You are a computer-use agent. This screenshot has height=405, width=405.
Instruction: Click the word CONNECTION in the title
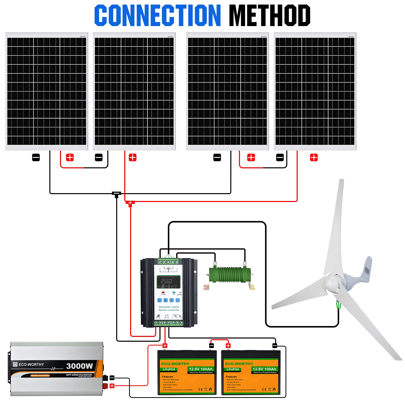[x=157, y=15]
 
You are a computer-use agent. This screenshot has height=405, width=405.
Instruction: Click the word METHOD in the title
[x=270, y=15]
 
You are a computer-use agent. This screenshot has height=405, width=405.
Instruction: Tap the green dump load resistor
[x=230, y=274]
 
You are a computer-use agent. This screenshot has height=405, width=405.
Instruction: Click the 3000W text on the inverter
[x=79, y=366]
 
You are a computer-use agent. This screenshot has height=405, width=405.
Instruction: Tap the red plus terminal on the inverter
[x=112, y=386]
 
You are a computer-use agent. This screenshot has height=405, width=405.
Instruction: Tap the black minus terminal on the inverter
[x=112, y=378]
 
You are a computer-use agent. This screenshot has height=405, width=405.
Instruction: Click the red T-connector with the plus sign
[x=130, y=203]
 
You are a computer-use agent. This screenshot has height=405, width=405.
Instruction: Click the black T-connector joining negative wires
[x=116, y=194]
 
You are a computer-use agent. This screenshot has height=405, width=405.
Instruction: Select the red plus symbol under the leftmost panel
[x=70, y=157]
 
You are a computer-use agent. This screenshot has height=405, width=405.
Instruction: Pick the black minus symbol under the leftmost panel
[x=36, y=157]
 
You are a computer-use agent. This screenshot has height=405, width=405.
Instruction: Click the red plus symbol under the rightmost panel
[x=314, y=157]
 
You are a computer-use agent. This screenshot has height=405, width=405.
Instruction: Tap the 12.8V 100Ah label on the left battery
[x=200, y=369]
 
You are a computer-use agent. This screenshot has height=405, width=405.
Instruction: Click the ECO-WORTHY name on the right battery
[x=239, y=364]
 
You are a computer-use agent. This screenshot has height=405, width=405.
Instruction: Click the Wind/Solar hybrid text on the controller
[x=169, y=307]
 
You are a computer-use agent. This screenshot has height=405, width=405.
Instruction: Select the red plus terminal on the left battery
[x=165, y=346]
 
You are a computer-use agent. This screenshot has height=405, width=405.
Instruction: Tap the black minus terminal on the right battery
[x=275, y=346]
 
